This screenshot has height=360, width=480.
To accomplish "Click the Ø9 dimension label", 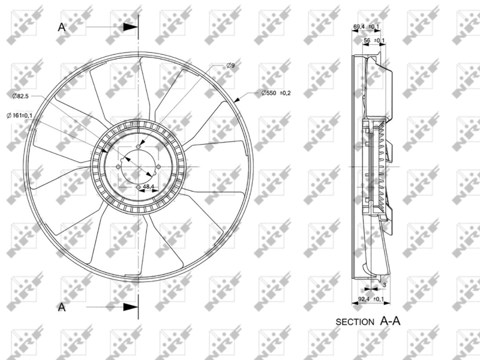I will [230, 65].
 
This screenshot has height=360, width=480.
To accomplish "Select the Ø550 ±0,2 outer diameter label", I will [276, 92].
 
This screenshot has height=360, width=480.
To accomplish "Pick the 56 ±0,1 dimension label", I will [375, 40].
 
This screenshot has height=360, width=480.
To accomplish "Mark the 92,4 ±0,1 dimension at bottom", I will [370, 298].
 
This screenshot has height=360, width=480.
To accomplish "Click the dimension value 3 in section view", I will [384, 287].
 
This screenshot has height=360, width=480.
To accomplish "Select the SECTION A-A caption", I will [367, 321].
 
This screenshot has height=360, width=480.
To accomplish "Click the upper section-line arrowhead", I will [130, 27].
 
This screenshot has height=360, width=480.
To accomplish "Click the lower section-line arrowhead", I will [130, 307].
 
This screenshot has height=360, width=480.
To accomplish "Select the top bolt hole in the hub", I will [139, 146].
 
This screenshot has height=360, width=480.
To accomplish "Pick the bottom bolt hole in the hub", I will [139, 188].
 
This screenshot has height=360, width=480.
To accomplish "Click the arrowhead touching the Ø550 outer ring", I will [239, 101].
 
